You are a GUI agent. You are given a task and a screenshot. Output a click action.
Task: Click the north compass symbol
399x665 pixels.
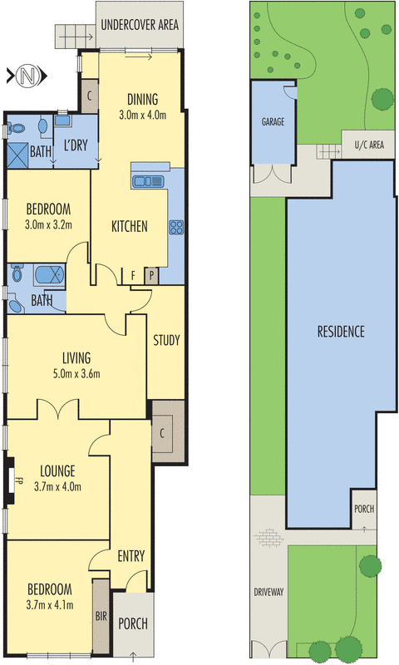click(27, 76)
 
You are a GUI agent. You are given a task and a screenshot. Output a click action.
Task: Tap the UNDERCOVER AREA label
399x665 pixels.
click(140, 25)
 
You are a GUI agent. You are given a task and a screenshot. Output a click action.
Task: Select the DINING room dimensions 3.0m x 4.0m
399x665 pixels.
click(142, 115)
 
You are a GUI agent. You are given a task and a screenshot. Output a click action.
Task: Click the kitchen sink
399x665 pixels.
click(147, 181)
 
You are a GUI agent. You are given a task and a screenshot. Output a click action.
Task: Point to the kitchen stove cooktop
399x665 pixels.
click(176, 227)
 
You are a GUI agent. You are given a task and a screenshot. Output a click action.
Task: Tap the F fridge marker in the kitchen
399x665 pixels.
click(133, 276)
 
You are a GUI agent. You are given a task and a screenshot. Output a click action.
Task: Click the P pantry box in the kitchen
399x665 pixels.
click(151, 276)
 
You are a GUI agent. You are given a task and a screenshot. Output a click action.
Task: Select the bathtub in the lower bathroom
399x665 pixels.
click(49, 274)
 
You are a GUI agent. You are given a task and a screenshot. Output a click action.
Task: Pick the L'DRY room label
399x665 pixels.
click(76, 145)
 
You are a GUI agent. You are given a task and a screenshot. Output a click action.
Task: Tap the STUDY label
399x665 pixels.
click(166, 340)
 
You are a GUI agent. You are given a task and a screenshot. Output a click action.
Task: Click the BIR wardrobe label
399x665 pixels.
click(101, 616)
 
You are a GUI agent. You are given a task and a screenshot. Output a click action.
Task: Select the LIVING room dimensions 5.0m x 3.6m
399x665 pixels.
click(76, 373)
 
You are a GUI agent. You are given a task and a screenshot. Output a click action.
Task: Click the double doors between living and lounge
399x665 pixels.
click(58, 409)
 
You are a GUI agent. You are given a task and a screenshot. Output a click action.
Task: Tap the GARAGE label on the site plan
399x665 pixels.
click(273, 122)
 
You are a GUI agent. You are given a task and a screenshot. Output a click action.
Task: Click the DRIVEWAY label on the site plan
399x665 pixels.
click(268, 592)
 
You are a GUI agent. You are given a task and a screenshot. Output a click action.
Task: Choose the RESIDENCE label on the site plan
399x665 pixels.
click(341, 331)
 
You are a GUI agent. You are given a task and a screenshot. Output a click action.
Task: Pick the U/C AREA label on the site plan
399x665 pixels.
click(369, 145)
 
